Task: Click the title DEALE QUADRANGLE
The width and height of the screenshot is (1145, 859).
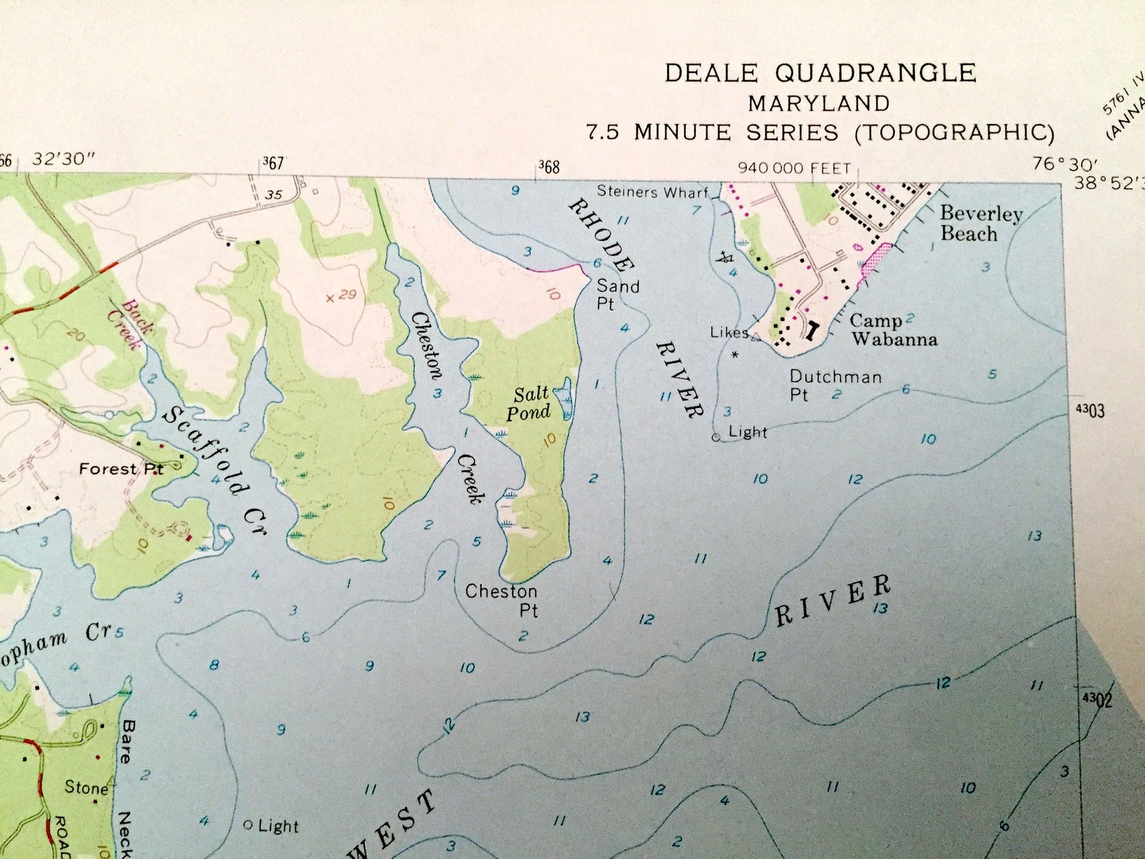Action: coord(820,73)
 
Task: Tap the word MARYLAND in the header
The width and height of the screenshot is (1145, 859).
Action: coord(818,104)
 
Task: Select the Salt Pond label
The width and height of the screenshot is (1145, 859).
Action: coord(529,403)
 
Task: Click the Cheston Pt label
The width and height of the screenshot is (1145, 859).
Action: coord(502,600)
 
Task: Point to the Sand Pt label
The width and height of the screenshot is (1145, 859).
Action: coord(617,294)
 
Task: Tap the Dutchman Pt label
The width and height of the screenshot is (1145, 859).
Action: coord(835,385)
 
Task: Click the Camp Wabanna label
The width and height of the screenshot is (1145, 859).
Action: coord(893,330)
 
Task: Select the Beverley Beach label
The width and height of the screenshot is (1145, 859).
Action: coord(981,223)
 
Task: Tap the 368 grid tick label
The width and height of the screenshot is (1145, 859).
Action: coord(549,167)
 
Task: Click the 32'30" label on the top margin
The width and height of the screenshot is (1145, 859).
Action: coord(63,159)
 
